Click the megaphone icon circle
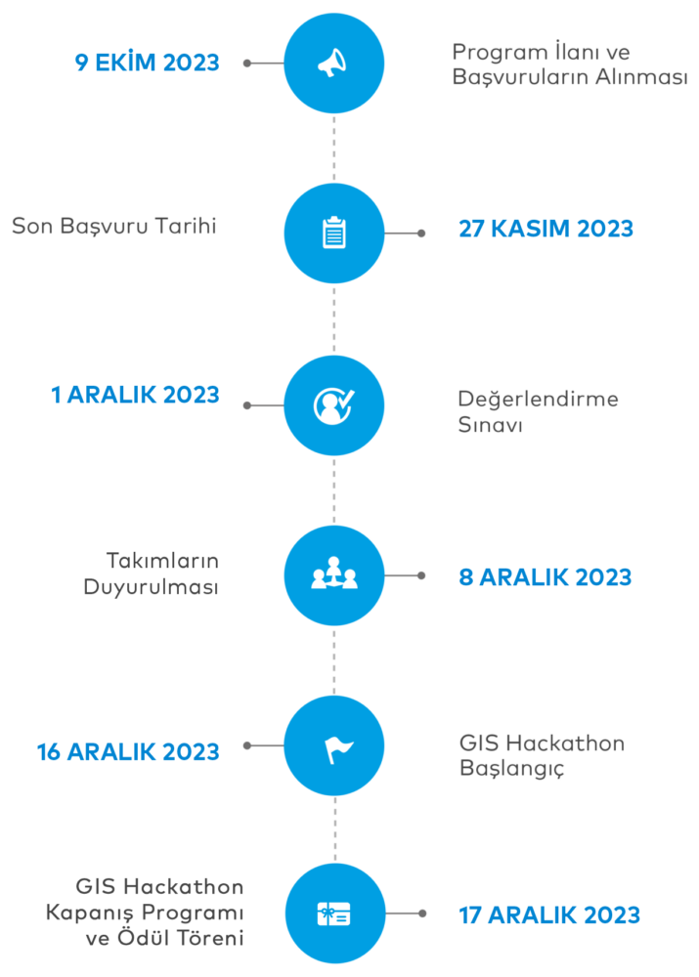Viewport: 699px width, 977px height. [x=333, y=64]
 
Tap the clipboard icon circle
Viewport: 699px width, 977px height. [x=333, y=234]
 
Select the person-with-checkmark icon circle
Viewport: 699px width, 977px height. [x=333, y=404]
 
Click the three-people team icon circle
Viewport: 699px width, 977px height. [x=333, y=575]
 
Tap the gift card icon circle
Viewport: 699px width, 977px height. [x=333, y=914]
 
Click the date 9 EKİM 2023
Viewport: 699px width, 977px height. [x=147, y=63]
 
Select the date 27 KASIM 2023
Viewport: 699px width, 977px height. [x=546, y=229]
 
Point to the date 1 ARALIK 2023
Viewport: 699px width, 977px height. [x=135, y=396]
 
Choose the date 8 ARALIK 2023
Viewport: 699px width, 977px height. [x=546, y=576]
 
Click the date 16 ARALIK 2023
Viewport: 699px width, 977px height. [x=128, y=752]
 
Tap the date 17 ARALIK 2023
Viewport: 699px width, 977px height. [x=549, y=915]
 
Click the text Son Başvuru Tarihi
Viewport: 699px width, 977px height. [x=113, y=227]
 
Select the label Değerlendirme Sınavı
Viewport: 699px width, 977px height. [x=538, y=412]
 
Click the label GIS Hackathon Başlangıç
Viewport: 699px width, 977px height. [x=542, y=755]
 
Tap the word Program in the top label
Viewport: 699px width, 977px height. [x=493, y=52]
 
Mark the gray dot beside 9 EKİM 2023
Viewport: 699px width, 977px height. [x=247, y=64]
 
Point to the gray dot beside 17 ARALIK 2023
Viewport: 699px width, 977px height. [x=421, y=914]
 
